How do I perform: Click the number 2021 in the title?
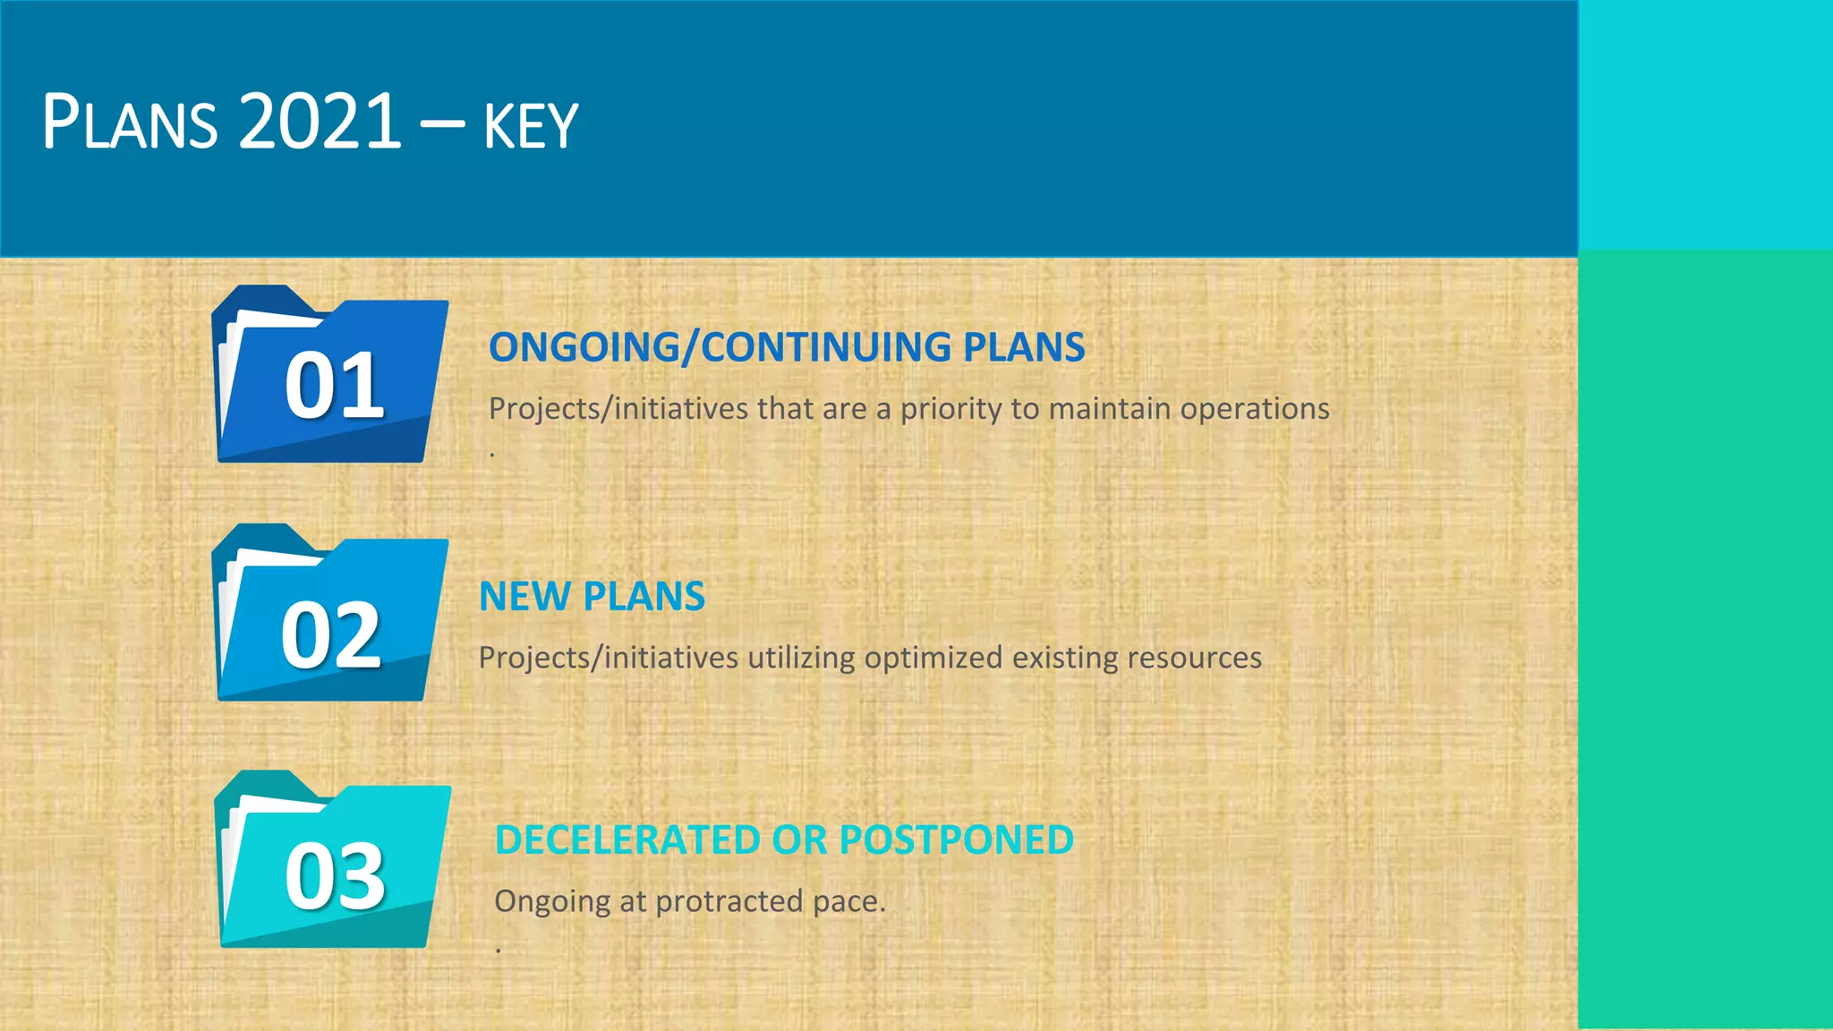click(x=320, y=122)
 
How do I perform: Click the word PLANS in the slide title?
click(x=130, y=122)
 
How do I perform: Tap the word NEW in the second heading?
click(x=524, y=597)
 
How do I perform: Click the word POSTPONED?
click(x=956, y=840)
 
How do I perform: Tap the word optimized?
click(x=934, y=659)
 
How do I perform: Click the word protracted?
click(x=729, y=902)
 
